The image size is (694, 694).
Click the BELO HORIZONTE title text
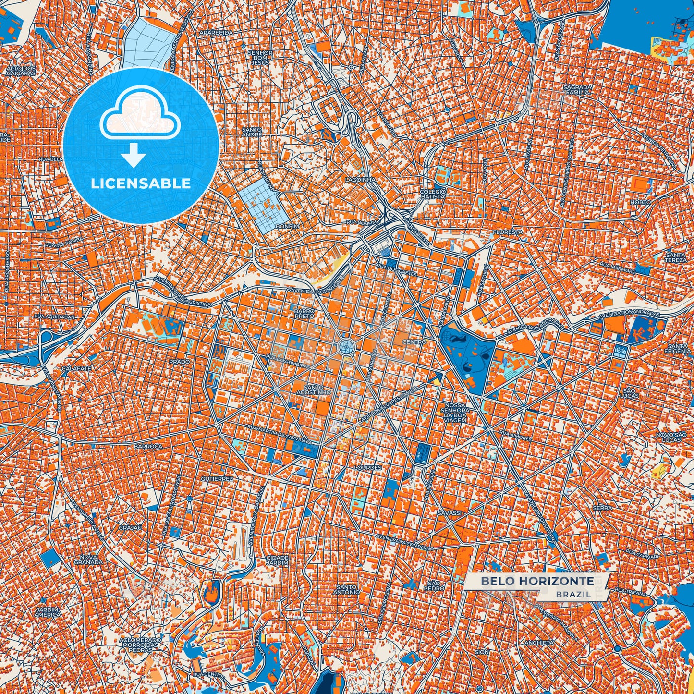(537, 581)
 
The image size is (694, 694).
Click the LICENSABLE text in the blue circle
(141, 183)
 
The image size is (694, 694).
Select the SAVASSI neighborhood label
(450, 513)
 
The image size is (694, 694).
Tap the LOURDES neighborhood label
(367, 467)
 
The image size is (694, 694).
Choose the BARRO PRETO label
(304, 314)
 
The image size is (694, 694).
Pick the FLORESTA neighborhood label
(507, 231)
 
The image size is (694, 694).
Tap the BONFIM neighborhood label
(287, 226)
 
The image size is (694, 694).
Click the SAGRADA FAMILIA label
(578, 89)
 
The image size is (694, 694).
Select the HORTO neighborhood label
(641, 202)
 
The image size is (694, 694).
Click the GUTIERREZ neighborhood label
(217, 479)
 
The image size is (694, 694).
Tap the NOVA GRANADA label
(87, 560)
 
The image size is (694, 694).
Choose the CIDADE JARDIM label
(277, 560)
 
